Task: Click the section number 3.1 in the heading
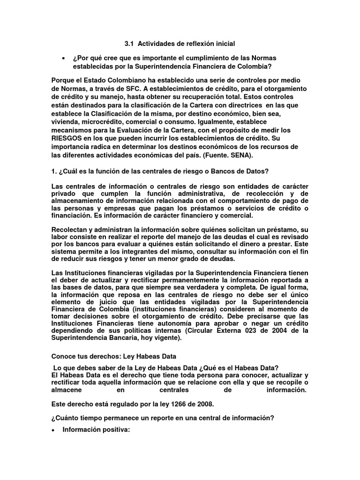[129, 44]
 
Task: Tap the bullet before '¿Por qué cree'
[63, 58]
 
